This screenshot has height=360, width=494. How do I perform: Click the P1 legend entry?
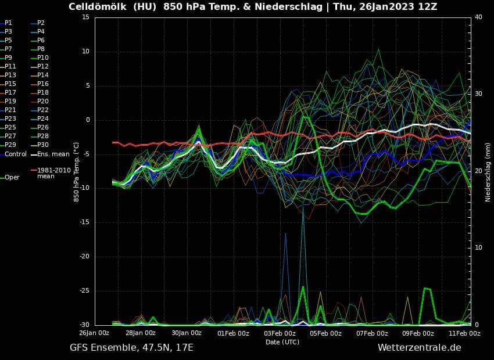click(8, 23)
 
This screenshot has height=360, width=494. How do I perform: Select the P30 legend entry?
click(43, 145)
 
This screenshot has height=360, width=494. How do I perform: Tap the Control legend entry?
click(16, 154)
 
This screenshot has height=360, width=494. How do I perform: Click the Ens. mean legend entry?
click(53, 154)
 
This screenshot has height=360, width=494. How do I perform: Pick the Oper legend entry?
click(12, 177)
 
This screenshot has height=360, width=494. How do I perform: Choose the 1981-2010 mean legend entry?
click(53, 173)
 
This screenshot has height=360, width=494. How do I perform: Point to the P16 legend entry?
click(43, 84)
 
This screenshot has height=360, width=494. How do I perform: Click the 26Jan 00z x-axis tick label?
click(94, 333)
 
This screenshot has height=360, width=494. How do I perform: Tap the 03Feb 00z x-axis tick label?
click(280, 333)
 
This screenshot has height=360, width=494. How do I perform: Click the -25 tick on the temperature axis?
click(85, 291)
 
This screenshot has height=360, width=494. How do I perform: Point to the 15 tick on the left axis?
click(85, 17)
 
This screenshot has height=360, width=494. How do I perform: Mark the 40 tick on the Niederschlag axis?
click(478, 17)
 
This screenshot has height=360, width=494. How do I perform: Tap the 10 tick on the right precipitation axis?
click(478, 248)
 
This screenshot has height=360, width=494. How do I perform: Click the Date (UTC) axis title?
click(282, 342)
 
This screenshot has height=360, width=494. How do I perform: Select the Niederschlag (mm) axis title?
click(488, 171)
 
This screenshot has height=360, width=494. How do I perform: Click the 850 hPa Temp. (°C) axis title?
click(76, 171)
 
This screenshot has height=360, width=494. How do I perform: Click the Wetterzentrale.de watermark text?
click(419, 348)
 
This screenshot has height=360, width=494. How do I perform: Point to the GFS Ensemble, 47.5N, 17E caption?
click(131, 348)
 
